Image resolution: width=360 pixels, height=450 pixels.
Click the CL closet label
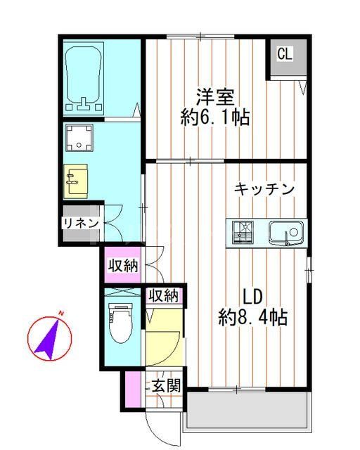[x=283, y=54]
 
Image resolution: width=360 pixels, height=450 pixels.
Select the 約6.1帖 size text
[x=215, y=117]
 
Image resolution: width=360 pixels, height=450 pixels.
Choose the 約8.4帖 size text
[x=253, y=316]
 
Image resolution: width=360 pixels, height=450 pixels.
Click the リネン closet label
[x=77, y=224]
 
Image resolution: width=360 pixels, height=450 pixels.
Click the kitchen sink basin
[x=285, y=231]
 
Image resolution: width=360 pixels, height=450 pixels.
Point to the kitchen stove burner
[x=243, y=231]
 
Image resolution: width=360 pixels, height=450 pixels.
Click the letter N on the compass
[x=61, y=313]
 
